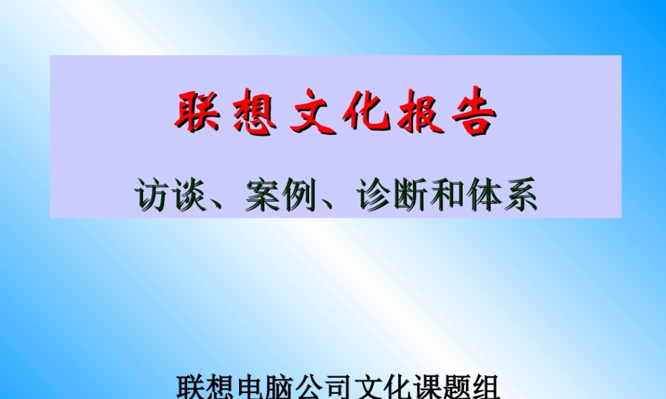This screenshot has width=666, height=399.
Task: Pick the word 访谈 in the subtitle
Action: [169, 194]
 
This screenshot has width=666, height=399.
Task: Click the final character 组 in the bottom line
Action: [488, 387]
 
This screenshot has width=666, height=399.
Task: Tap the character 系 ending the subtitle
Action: [520, 194]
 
